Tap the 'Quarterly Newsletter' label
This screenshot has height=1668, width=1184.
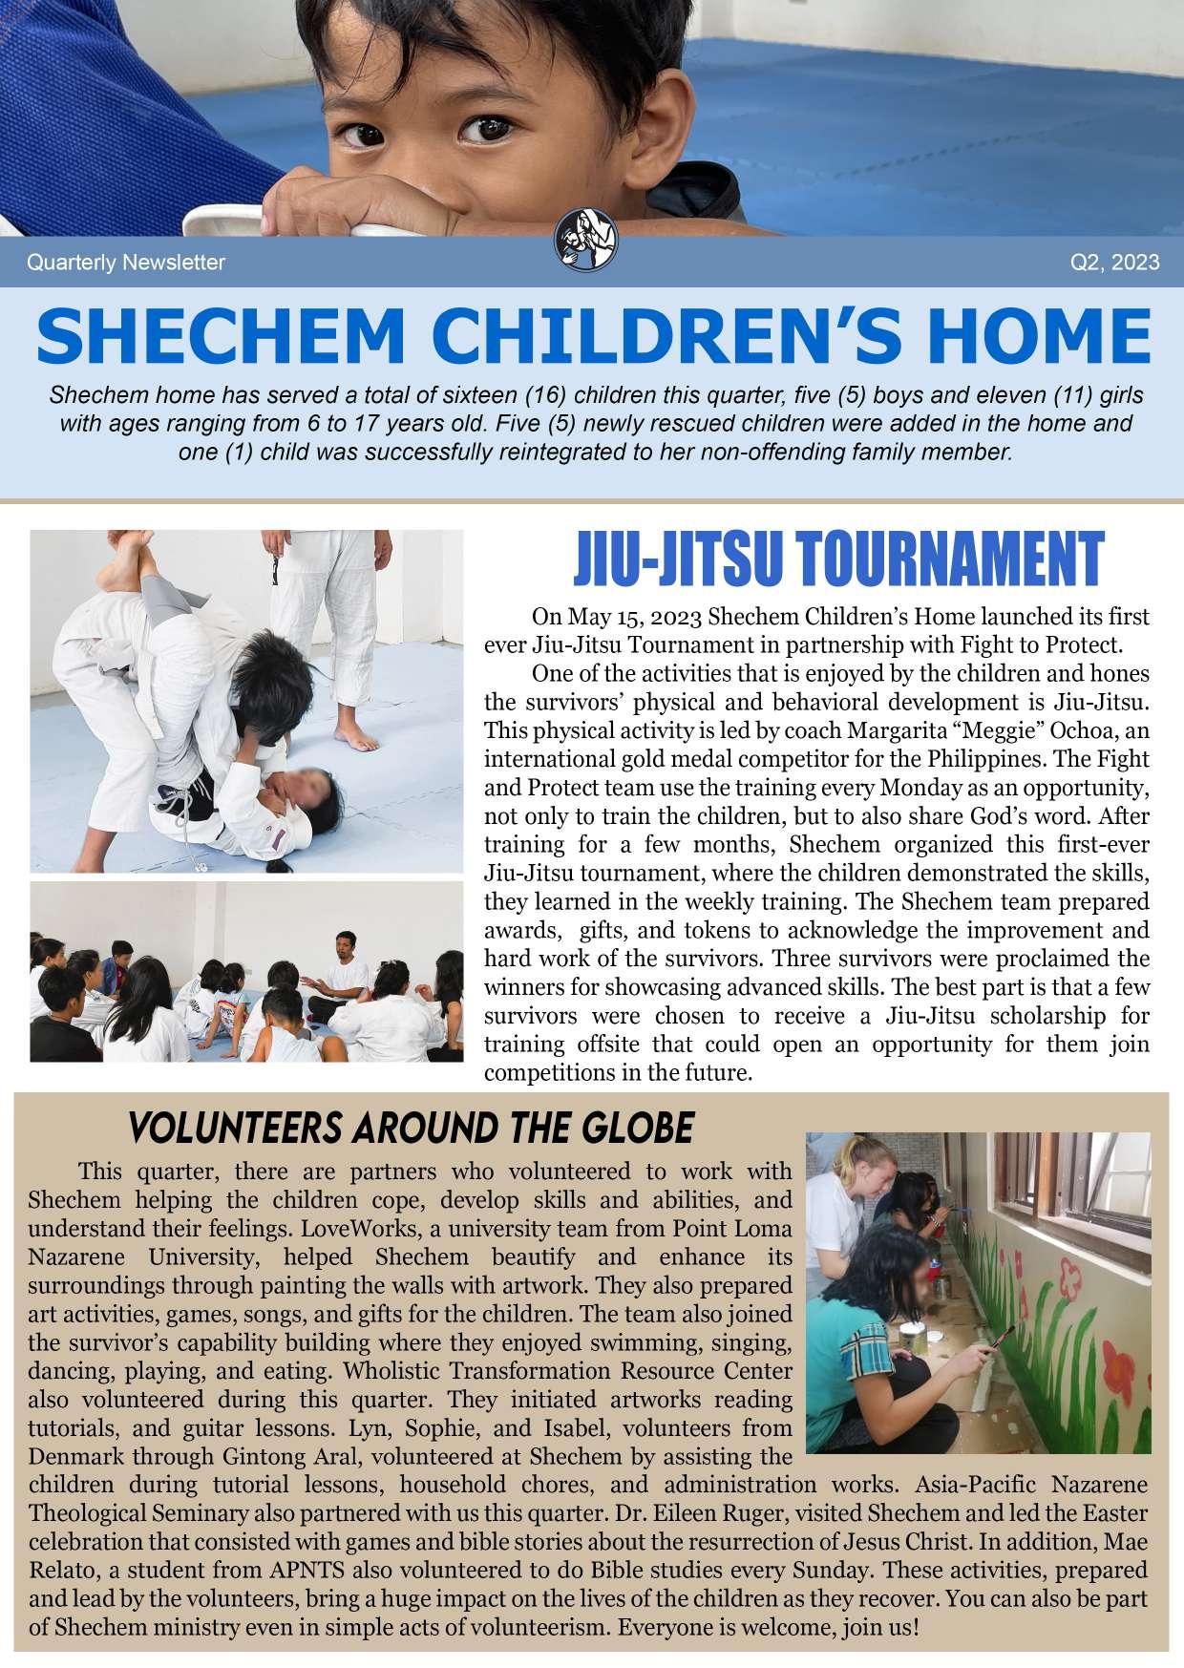tap(126, 263)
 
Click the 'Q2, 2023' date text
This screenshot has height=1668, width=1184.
tap(1115, 263)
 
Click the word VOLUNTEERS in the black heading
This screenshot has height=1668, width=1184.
tap(235, 1129)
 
